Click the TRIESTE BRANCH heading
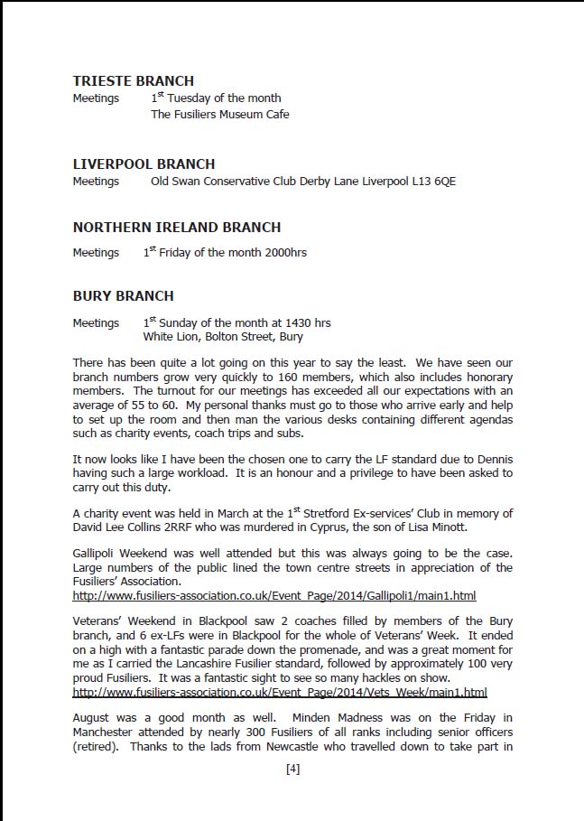point(133,81)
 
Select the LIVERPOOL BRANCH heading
point(144,164)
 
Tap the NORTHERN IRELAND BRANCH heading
point(177,228)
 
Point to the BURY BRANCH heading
point(124,296)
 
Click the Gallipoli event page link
point(274,596)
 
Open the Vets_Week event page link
point(280,693)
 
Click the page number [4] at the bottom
point(292,770)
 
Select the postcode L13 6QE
point(432,182)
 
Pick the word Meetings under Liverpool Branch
point(96,182)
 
